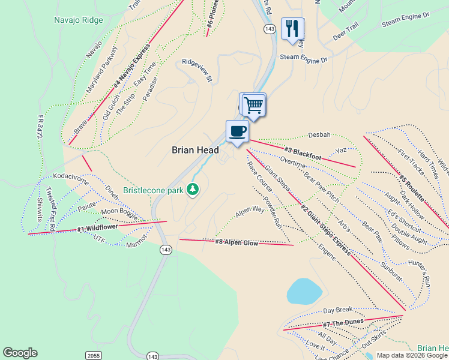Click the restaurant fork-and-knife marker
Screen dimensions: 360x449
292,29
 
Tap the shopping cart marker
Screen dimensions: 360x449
254,104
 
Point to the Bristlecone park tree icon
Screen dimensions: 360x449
193,190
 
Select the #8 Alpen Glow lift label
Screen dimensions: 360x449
237,242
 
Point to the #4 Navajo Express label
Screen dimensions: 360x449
130,73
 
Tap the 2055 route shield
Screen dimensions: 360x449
92,355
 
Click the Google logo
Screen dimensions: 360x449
20,353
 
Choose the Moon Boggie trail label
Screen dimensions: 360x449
119,212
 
